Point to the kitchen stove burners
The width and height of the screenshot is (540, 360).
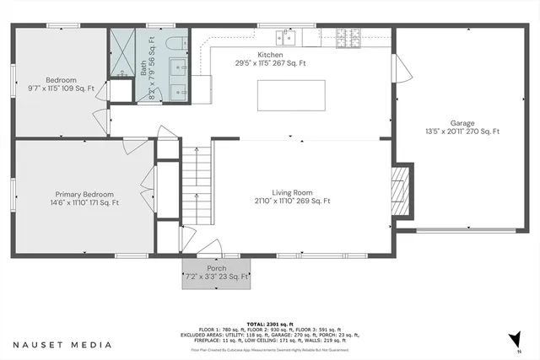click(348, 37)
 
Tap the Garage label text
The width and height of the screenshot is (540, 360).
click(462, 121)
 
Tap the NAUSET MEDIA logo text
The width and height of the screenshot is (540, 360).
click(62, 344)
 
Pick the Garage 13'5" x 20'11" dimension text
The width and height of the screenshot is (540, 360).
click(462, 132)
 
